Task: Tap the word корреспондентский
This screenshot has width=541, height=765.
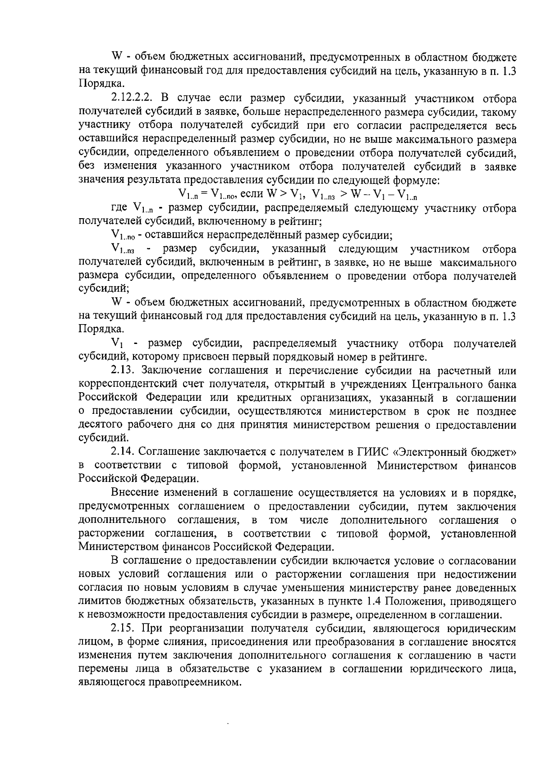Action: [124, 385]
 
